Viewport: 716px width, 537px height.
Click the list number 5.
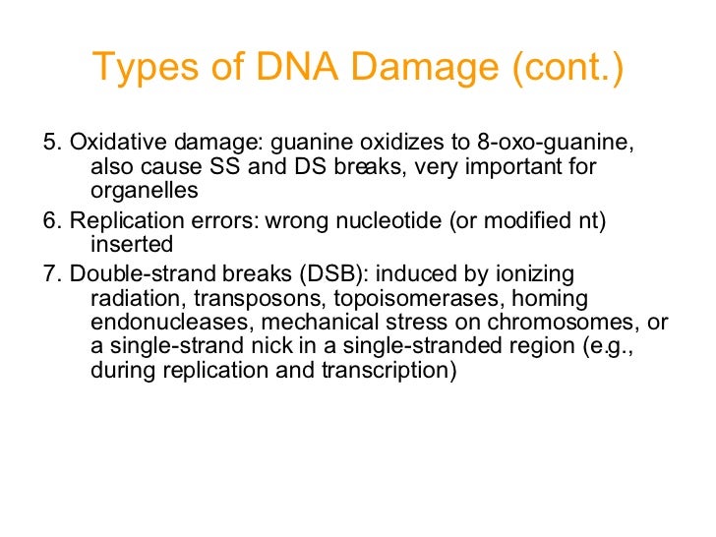[x=50, y=143]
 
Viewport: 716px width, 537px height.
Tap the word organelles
[x=144, y=190]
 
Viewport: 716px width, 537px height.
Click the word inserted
[x=132, y=243]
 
